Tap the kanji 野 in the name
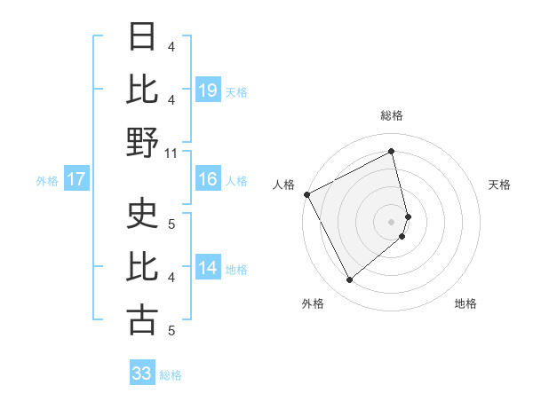(143, 142)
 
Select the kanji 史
(143, 214)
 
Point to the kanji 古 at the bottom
(143, 320)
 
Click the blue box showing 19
(207, 90)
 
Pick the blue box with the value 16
(207, 180)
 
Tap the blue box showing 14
(207, 269)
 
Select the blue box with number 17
(76, 180)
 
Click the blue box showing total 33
(141, 374)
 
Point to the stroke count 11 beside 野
(172, 153)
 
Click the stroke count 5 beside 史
(172, 224)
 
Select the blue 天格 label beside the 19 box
(236, 91)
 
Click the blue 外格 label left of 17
(47, 181)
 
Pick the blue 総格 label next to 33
(171, 374)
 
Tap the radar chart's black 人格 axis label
(284, 185)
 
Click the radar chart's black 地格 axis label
(465, 303)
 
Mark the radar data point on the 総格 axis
(392, 151)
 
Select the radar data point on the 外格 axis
(349, 280)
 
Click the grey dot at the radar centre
(392, 221)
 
